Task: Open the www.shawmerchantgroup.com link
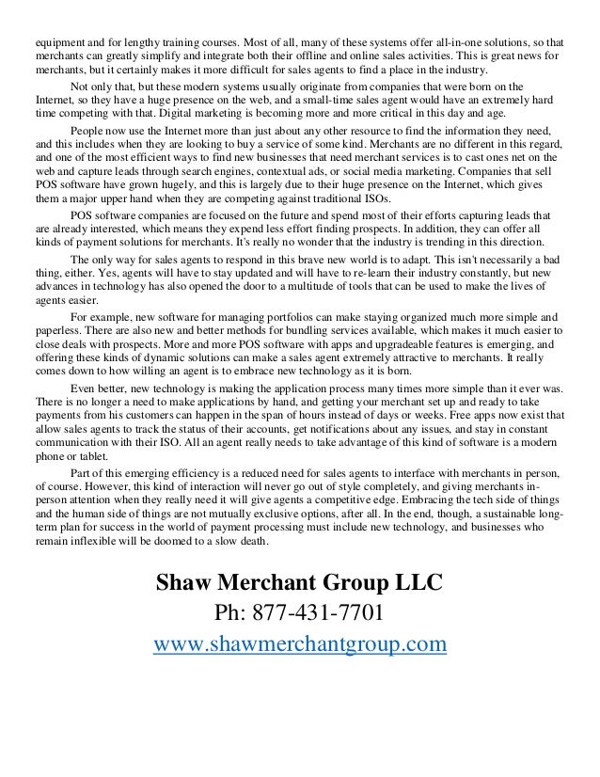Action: (x=299, y=645)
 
